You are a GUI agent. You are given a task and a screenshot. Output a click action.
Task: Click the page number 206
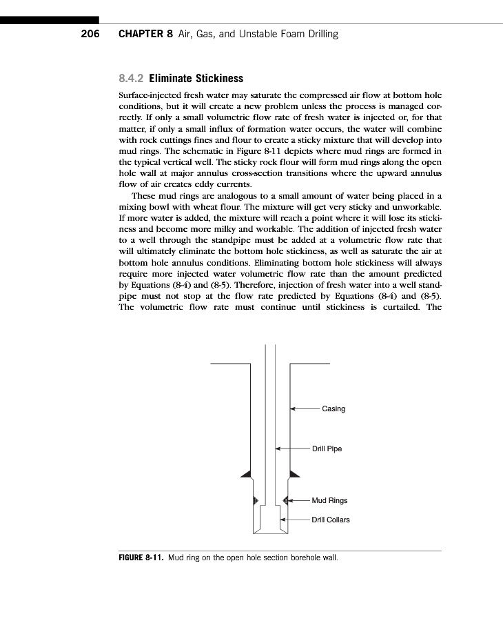click(90, 34)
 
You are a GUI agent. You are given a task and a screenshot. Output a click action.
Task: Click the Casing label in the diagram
click(333, 409)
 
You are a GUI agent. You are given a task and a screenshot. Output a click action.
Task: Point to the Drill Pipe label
click(327, 449)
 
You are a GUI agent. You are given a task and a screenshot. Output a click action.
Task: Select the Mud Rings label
click(329, 500)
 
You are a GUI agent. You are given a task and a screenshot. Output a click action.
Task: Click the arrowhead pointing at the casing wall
click(293, 409)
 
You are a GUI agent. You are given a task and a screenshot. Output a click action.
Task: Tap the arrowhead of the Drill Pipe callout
click(278, 449)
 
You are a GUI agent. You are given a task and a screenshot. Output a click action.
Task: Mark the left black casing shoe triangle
click(245, 473)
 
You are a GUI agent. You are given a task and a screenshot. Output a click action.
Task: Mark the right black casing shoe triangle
click(294, 473)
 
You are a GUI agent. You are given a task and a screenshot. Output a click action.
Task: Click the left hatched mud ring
click(256, 500)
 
